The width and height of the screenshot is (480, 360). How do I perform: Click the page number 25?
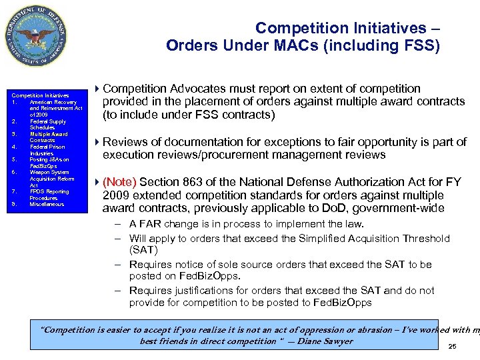coord(453,347)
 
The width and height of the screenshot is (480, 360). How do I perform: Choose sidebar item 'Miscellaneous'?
coord(48,204)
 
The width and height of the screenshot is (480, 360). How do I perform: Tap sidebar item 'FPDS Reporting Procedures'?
coord(49,195)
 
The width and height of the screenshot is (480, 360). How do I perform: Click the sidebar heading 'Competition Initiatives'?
coord(40,96)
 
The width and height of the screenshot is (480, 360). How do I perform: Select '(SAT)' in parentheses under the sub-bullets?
coord(143,250)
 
